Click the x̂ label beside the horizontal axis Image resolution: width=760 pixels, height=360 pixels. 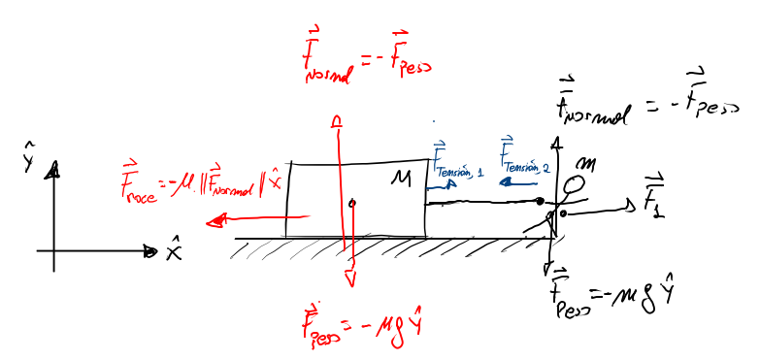174,252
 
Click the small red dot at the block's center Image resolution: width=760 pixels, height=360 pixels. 352,203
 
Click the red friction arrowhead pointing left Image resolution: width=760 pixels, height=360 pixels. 211,220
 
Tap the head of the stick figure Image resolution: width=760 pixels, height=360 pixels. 577,183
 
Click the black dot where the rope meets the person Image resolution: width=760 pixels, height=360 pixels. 541,201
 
